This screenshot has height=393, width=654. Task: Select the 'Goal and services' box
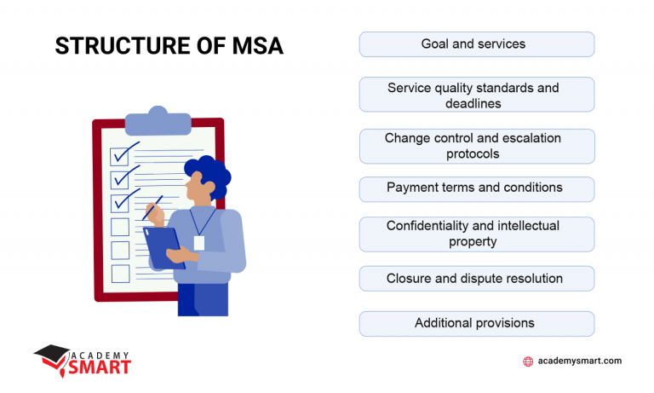[476, 44]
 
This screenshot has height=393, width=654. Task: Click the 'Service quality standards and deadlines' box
[476, 95]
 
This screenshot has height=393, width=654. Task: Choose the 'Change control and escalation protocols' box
[476, 146]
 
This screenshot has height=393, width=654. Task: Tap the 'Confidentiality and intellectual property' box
[476, 234]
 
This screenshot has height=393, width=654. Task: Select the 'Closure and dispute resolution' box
[476, 279]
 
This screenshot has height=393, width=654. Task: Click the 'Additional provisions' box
[476, 324]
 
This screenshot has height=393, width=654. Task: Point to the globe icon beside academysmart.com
[528, 361]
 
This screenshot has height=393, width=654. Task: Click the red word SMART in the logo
[101, 367]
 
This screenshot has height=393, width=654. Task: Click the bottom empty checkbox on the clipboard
[120, 274]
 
